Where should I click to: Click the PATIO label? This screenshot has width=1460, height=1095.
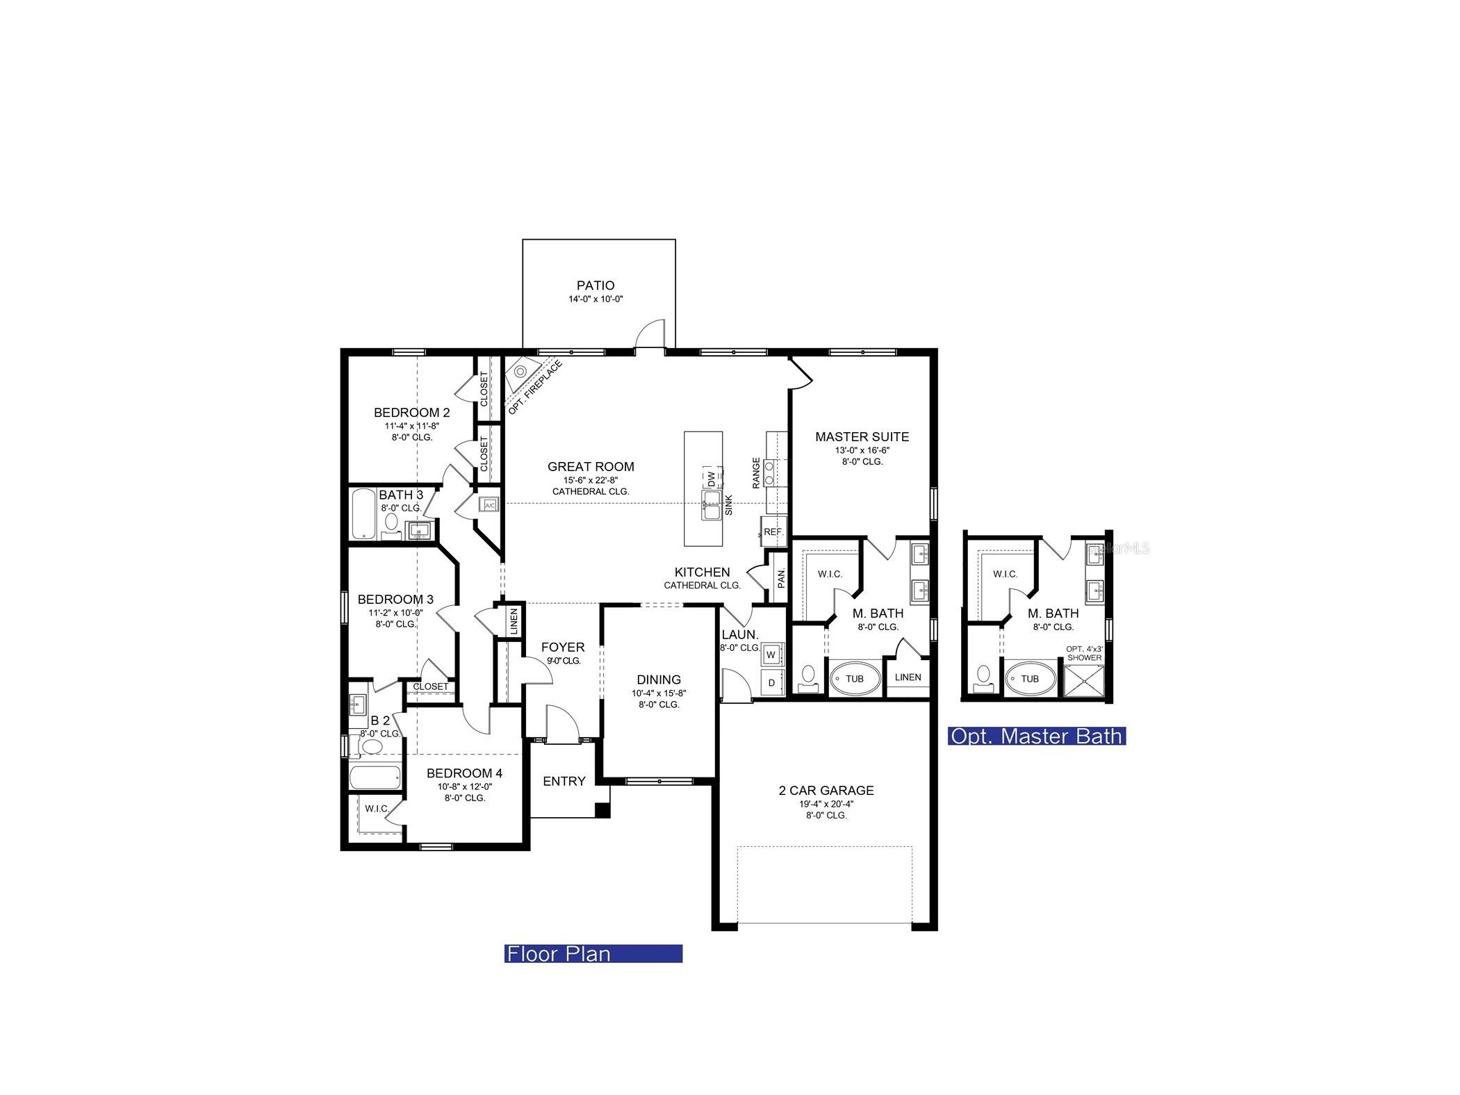coord(595,286)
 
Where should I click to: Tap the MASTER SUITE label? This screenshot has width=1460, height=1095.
coord(861,436)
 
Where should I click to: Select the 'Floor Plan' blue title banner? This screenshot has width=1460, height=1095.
coord(593,953)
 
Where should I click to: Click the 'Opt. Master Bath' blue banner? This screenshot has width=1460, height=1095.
coord(1035,736)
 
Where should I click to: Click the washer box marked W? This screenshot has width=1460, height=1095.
coord(771,654)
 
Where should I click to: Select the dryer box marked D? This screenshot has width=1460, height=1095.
coord(771,683)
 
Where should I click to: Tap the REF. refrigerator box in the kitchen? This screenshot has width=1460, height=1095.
coord(773,532)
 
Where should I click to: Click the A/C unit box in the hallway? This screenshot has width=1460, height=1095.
coord(489,505)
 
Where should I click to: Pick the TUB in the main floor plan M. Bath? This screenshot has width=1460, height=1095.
coord(854,678)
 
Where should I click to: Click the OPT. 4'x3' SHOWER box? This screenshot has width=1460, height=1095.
coord(1083,680)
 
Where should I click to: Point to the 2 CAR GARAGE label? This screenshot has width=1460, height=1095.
coord(826,790)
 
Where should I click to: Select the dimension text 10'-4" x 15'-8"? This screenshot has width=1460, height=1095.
coord(658,693)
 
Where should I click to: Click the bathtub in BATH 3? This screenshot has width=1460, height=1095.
coord(363,515)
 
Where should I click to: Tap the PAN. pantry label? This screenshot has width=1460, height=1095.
coord(780,577)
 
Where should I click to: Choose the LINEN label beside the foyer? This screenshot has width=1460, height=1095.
coord(514,620)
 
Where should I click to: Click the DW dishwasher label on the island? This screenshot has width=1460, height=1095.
coord(711,479)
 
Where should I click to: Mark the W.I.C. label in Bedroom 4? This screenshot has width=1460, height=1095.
coord(377,808)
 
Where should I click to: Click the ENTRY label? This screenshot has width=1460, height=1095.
coord(564,781)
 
